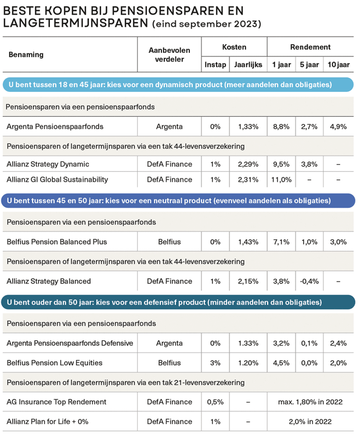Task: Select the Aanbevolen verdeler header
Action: coord(170,55)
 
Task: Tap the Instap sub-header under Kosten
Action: coord(215,65)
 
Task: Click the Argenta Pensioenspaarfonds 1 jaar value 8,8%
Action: coord(281,126)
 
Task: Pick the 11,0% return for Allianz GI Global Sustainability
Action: coord(281,179)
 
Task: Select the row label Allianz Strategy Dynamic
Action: coord(48,164)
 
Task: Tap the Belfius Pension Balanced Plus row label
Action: coord(56,242)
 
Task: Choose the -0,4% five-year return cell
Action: coord(309,281)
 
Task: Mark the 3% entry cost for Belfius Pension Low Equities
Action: coord(215,362)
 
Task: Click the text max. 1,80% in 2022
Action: coord(309,401)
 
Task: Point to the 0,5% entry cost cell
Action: coord(215,401)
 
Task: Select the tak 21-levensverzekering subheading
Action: coord(125,382)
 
